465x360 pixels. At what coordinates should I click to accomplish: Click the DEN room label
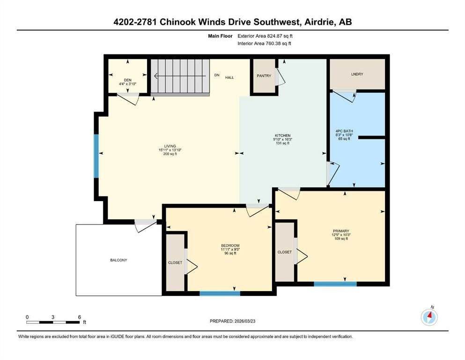(x=127, y=80)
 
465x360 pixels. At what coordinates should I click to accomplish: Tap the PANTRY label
(x=264, y=76)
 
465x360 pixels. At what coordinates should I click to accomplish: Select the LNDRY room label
(x=357, y=74)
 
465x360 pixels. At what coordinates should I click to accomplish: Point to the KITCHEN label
(x=282, y=135)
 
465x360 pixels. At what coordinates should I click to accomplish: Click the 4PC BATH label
(x=344, y=131)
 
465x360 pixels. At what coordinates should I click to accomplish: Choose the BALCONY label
(x=118, y=260)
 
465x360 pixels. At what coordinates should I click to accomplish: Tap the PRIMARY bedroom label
(x=341, y=231)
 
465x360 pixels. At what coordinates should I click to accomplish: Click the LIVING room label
(x=170, y=146)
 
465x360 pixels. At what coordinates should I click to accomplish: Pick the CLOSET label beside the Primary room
(x=284, y=252)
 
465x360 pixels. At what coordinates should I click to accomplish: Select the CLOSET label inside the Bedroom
(x=175, y=262)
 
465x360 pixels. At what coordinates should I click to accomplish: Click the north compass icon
(x=429, y=316)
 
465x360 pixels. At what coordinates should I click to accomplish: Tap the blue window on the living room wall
(x=96, y=156)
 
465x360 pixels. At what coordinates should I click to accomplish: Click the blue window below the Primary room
(x=335, y=284)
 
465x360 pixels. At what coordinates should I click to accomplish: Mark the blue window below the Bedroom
(x=220, y=293)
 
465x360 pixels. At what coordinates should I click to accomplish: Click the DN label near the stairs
(x=217, y=75)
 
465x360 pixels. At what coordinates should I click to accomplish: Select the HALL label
(x=229, y=77)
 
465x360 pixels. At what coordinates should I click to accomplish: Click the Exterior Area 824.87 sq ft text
(x=265, y=36)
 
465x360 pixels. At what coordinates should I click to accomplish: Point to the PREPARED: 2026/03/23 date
(x=232, y=321)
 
